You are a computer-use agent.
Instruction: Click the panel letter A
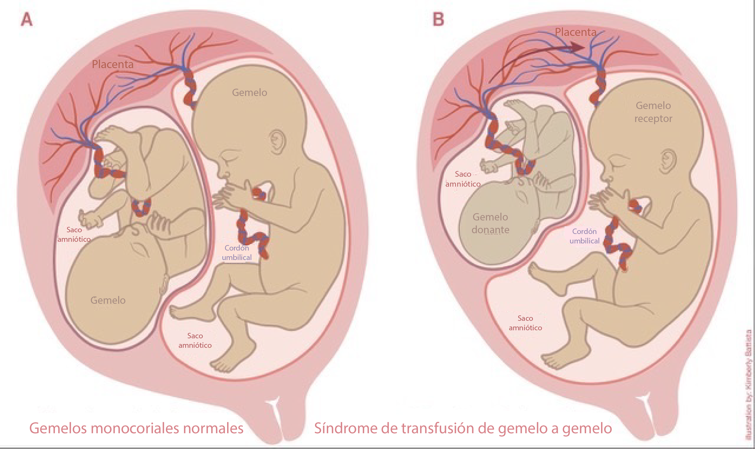pos(27,20)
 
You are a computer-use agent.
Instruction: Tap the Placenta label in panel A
pos(113,64)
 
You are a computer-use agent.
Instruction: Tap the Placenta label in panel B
pos(576,32)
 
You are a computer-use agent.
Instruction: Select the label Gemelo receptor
pos(653,112)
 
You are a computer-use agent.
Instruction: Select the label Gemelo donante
pos(490,223)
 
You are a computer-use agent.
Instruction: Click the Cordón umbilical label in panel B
pos(584,236)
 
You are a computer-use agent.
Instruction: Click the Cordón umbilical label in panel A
pos(237,253)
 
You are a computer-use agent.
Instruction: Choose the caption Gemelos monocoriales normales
pos(136,428)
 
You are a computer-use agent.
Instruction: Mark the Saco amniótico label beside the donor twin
pos(463,179)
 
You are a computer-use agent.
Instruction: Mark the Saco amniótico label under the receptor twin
pos(525,323)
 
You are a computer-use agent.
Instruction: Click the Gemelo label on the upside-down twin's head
pos(108,300)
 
